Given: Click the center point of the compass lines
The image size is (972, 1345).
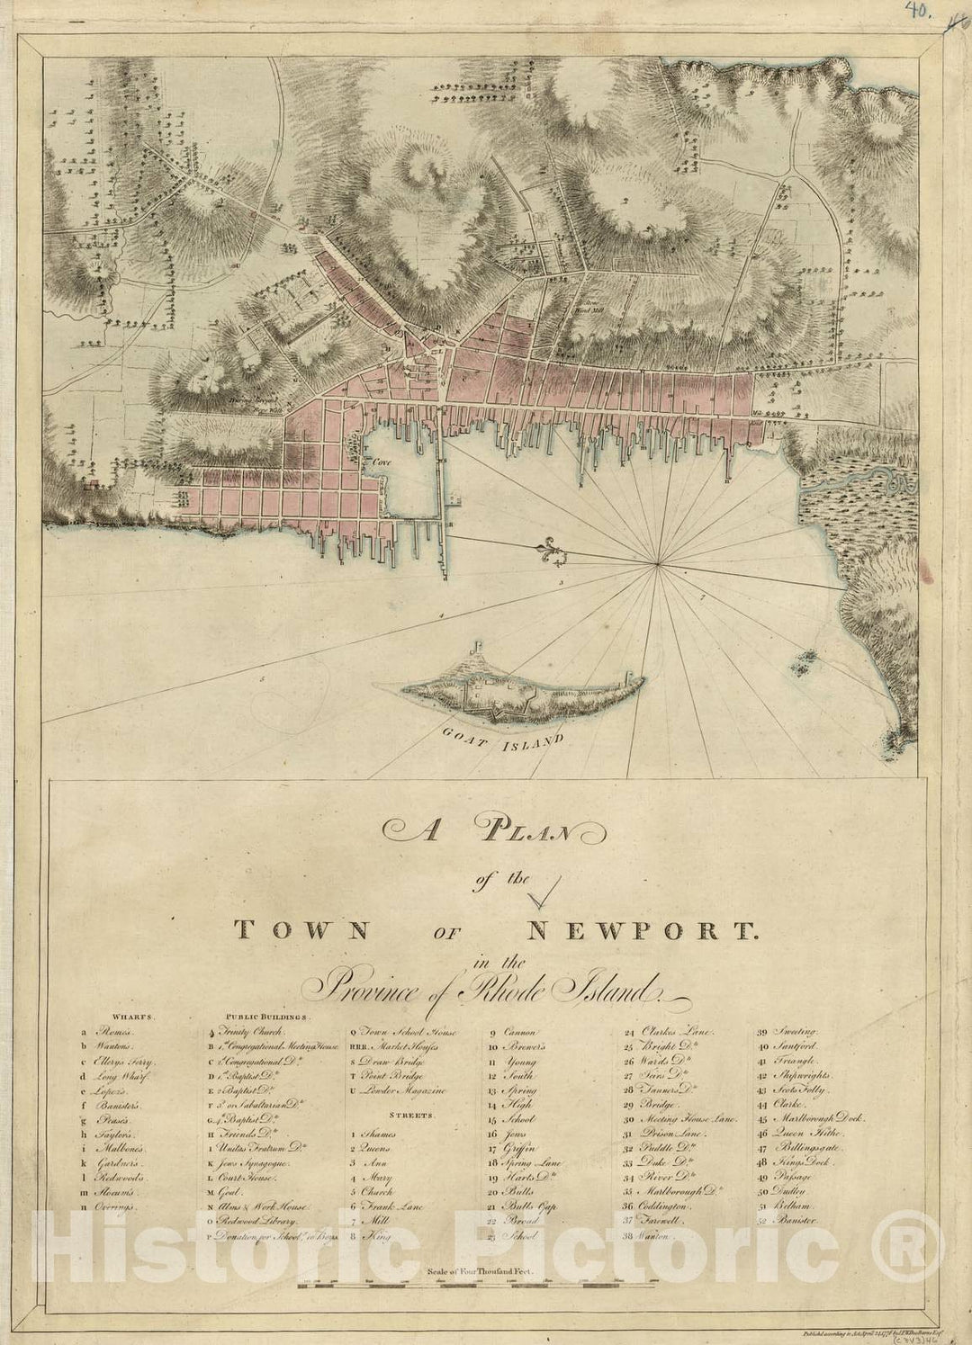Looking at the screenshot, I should click(659, 564).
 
